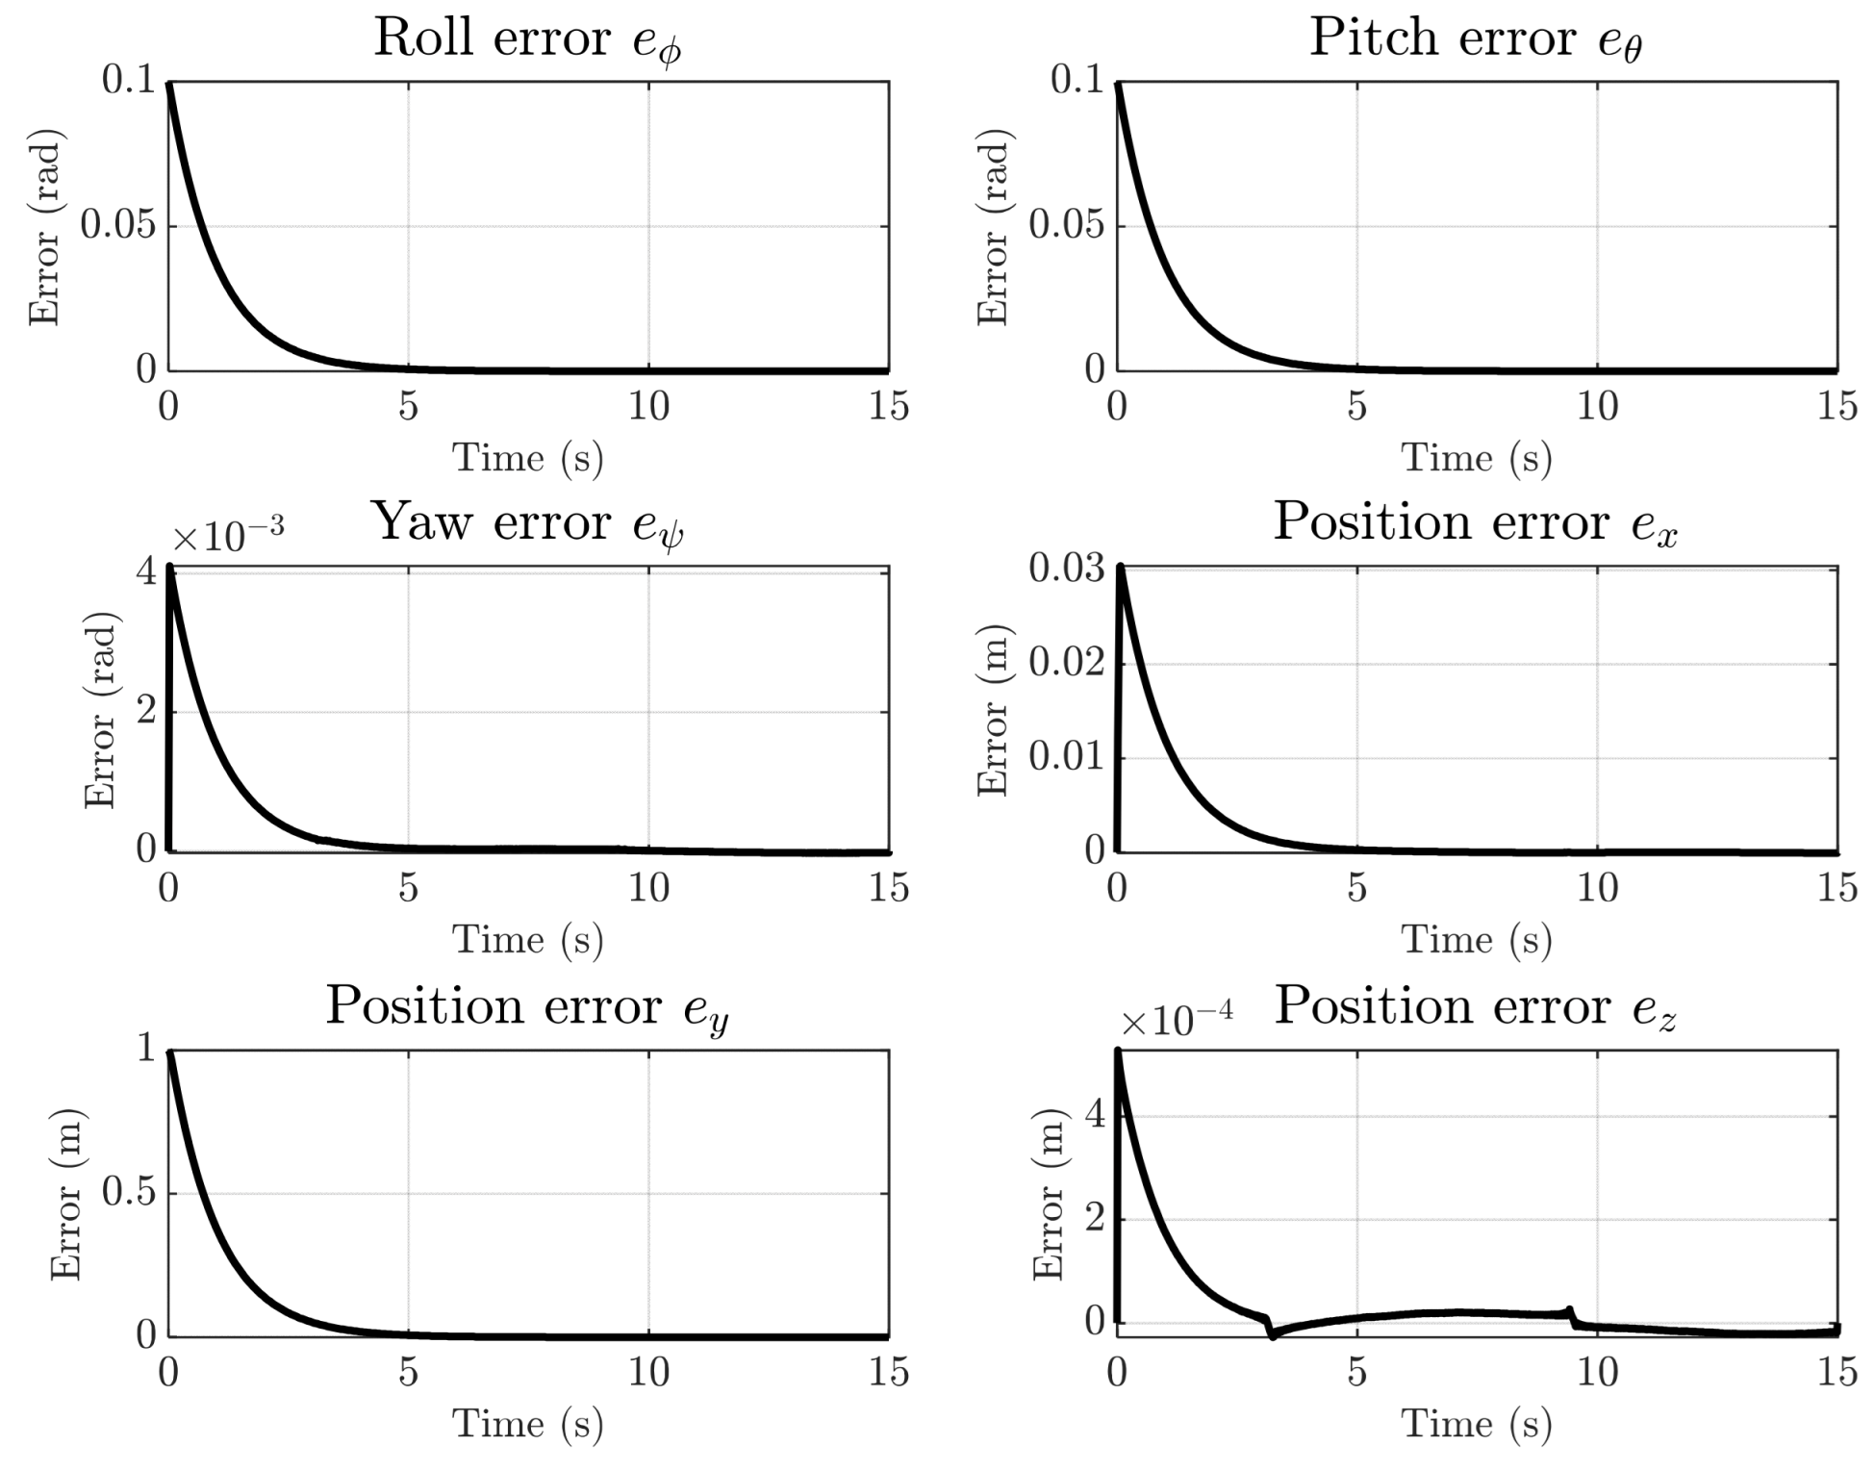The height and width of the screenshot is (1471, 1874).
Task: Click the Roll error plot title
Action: tap(528, 40)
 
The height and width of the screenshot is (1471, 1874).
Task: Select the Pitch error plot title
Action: tap(1476, 40)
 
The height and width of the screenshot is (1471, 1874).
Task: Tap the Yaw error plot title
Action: tap(528, 524)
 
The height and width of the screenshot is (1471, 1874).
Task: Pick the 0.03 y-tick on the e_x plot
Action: tap(1067, 568)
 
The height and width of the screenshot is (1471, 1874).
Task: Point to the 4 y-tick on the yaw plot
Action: tap(146, 571)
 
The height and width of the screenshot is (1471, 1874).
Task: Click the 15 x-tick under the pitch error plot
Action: tap(1837, 406)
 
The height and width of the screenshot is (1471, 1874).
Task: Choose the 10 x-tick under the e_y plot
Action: tap(648, 1372)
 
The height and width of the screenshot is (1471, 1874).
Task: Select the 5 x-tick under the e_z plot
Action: tap(1356, 1372)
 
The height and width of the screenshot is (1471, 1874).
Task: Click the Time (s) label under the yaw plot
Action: tap(528, 939)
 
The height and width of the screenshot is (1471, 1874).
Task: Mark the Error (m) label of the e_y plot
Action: tap(65, 1194)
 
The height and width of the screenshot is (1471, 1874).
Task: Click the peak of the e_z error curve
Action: tap(1118, 1051)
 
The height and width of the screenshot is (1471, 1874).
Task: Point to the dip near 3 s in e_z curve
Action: tap(1273, 1335)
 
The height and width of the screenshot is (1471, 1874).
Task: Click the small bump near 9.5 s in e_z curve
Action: tap(1570, 1310)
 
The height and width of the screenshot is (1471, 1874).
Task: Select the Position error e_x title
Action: tap(1476, 524)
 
